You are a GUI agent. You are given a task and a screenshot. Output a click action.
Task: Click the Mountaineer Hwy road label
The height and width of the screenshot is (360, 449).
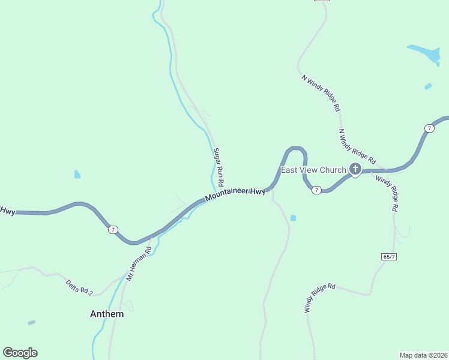click(235, 194)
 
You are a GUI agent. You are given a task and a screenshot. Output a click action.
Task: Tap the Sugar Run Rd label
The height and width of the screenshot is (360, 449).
click(218, 166)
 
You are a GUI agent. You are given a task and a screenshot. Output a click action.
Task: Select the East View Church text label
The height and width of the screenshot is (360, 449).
click(314, 170)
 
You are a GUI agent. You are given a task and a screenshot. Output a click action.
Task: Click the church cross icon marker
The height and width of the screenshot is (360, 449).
click(355, 170)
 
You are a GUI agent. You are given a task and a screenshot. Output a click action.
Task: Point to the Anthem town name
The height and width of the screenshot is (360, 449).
click(107, 314)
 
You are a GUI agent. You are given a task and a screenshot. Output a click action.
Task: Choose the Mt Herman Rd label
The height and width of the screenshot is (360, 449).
click(138, 264)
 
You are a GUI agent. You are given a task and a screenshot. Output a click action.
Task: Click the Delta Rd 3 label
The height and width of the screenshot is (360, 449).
click(79, 287)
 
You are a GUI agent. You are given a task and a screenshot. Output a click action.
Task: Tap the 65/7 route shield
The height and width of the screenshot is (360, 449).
click(388, 256)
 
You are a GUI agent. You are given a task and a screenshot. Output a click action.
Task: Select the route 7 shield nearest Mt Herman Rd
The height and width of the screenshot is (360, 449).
click(113, 230)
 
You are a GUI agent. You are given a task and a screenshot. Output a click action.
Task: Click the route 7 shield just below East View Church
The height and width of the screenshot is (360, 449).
click(316, 190)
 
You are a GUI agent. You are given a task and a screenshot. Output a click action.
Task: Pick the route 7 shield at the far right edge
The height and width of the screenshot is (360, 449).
click(429, 128)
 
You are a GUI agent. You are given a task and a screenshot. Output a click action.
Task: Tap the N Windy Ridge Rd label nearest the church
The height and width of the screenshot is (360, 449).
click(357, 147)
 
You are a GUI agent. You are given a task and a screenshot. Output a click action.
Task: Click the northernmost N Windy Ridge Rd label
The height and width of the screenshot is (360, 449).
click(321, 94)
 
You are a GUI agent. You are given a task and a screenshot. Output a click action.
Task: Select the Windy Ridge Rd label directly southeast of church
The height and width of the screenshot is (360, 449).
click(387, 193)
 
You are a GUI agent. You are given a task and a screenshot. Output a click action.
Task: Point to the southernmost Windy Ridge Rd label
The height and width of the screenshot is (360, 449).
click(319, 298)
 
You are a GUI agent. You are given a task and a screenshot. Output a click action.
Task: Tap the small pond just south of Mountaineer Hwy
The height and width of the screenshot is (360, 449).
click(292, 218)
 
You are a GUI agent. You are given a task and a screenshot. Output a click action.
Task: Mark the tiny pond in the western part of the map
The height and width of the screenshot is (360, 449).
click(77, 175)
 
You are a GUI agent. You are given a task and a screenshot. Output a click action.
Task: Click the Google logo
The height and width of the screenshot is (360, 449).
click(20, 353)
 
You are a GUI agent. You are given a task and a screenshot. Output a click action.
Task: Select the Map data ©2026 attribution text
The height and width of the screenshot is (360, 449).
click(423, 355)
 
